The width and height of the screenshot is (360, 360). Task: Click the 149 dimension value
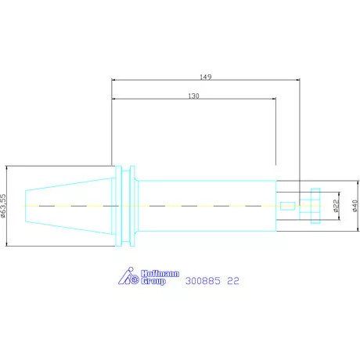tap(206, 77)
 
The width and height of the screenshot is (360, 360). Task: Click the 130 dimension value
tap(193, 96)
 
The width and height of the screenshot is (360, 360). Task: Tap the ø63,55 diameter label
tap(3, 206)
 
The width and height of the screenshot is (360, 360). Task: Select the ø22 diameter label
tap(337, 206)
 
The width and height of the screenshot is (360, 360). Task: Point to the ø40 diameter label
tap(355, 206)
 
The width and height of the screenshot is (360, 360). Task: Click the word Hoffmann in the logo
tap(160, 274)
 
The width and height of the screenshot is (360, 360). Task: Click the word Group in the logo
tap(153, 281)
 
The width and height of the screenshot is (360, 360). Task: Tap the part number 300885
tap(203, 281)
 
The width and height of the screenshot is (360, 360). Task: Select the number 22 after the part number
tap(233, 281)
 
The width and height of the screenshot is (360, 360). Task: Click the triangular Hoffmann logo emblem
tap(128, 276)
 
